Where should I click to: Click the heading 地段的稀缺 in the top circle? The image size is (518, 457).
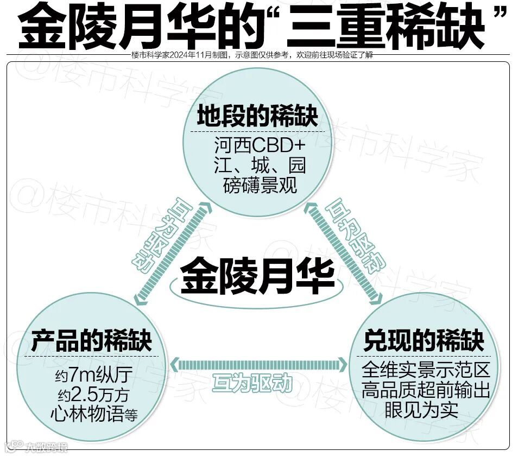click(257, 117)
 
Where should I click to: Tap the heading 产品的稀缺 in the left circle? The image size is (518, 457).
click(91, 341)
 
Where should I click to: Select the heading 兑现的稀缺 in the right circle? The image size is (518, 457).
click(424, 341)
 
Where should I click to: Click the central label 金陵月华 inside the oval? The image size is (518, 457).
click(257, 277)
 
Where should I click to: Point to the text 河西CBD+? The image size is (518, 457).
click(260, 146)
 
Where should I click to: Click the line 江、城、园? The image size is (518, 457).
click(260, 165)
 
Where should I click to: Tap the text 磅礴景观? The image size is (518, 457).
click(260, 185)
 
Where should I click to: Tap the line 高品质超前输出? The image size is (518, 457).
click(426, 389)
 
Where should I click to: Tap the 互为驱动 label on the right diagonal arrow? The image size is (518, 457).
click(355, 238)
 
